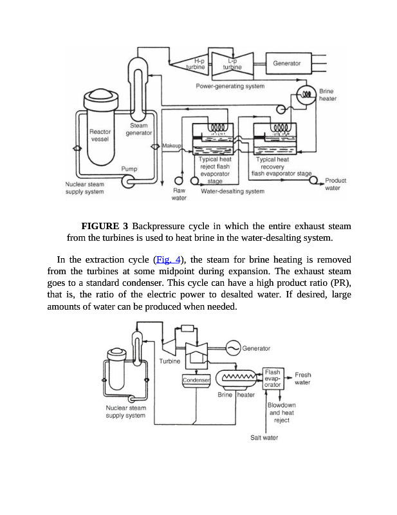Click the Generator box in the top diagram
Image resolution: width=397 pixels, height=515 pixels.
click(x=287, y=63)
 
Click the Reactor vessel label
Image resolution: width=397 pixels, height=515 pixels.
click(x=100, y=135)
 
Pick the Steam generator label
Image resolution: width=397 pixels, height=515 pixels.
click(x=138, y=129)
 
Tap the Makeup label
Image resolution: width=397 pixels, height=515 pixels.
click(x=172, y=146)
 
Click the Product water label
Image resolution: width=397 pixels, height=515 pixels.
click(x=335, y=184)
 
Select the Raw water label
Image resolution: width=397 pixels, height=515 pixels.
click(x=179, y=194)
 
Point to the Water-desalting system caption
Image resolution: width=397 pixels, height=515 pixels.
click(x=232, y=191)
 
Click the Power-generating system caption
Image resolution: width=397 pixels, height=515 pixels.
click(x=230, y=86)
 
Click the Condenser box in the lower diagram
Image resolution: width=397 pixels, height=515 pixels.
click(x=197, y=380)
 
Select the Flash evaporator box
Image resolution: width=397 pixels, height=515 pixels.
click(x=273, y=379)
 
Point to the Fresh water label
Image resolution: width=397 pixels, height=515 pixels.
click(x=302, y=379)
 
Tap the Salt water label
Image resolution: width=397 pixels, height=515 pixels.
click(x=264, y=438)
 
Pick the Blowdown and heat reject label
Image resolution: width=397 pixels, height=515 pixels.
click(x=281, y=412)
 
